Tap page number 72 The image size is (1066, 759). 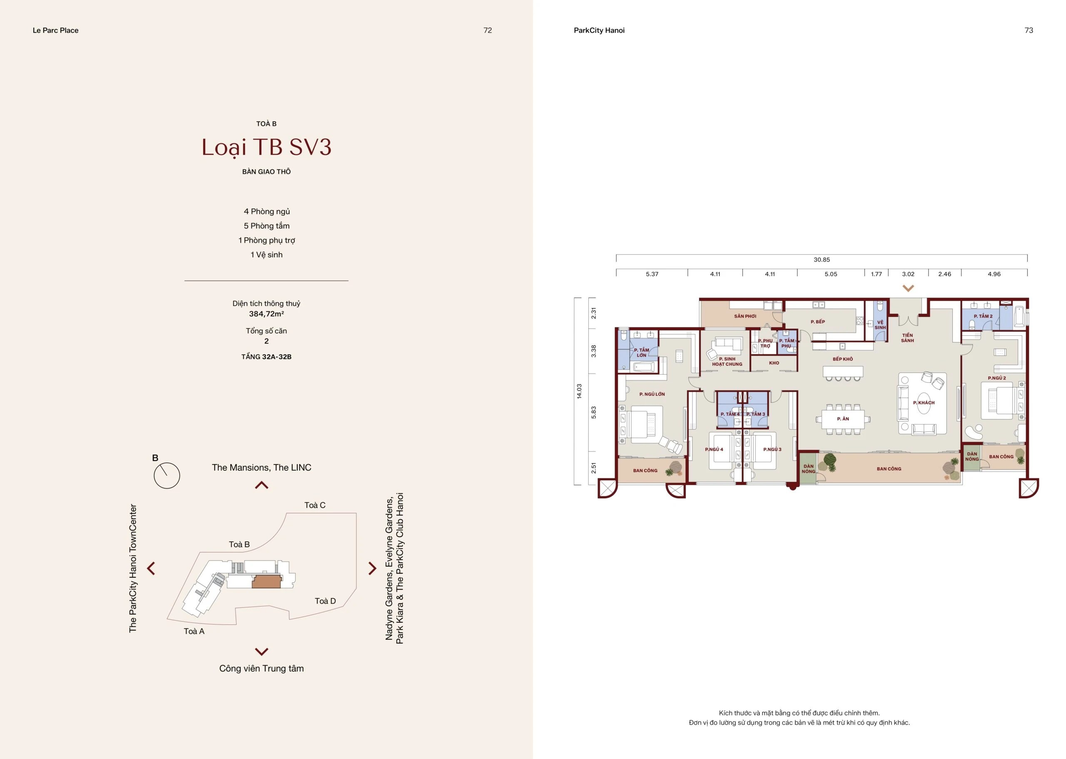click(487, 30)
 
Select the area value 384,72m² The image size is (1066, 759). click(266, 314)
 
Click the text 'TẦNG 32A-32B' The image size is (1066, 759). click(266, 357)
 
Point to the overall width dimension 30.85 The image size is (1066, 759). click(822, 260)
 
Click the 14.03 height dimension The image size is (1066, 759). click(579, 391)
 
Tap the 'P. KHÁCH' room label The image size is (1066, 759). click(924, 403)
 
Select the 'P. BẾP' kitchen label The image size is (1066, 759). click(817, 322)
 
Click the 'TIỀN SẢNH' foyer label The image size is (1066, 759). click(907, 338)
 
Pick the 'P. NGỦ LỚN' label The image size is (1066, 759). click(652, 394)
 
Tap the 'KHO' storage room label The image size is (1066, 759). click(774, 363)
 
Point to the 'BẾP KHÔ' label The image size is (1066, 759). click(843, 359)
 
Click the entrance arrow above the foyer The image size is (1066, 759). click(908, 288)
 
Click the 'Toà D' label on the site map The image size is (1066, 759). click(325, 601)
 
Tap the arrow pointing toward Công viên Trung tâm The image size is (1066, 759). click(262, 652)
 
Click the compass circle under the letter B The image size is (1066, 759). click(167, 476)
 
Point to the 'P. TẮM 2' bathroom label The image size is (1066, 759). click(983, 317)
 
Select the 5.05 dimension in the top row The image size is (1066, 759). click(831, 275)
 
